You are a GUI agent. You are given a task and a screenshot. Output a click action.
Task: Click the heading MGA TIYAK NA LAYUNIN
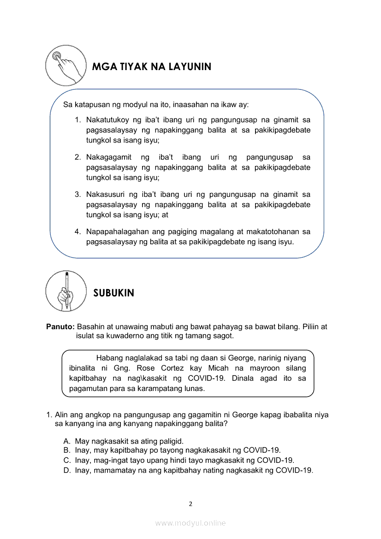pyautogui.click(x=152, y=67)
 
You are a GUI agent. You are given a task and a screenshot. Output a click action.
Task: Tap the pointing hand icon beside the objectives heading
pyautogui.click(x=66, y=65)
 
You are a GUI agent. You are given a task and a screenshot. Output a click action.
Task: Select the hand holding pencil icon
pyautogui.click(x=66, y=291)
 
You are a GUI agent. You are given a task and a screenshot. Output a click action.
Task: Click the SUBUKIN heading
pyautogui.click(x=113, y=293)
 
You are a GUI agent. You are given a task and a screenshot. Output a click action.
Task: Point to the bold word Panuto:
pyautogui.click(x=60, y=326)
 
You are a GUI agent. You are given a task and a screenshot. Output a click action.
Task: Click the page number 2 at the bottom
pyautogui.click(x=190, y=503)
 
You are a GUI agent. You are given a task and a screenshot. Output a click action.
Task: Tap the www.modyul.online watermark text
pyautogui.click(x=190, y=523)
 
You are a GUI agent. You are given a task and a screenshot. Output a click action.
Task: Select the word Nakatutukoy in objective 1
pyautogui.click(x=107, y=120)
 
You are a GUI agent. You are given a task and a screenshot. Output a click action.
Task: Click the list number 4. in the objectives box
pyautogui.click(x=78, y=231)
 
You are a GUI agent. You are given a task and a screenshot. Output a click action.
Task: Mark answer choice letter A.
pyautogui.click(x=67, y=441)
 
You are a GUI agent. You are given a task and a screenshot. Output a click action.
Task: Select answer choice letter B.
pyautogui.click(x=67, y=450)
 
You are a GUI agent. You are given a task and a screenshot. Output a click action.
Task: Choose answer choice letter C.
pyautogui.click(x=67, y=460)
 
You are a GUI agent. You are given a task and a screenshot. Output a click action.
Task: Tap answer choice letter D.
pyautogui.click(x=67, y=470)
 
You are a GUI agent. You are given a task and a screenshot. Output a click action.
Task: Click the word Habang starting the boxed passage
pyautogui.click(x=110, y=358)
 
